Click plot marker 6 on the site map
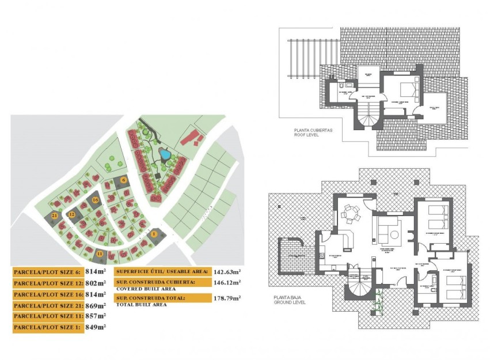124,180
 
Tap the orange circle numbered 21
54,215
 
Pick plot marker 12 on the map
72,214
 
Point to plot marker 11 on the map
100,253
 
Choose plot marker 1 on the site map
154,234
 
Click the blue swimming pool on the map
165,154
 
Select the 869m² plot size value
96,305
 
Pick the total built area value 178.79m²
227,298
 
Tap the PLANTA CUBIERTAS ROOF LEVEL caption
313,133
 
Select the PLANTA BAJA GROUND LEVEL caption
291,300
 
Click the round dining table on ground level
350,214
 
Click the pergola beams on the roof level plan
305,58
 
